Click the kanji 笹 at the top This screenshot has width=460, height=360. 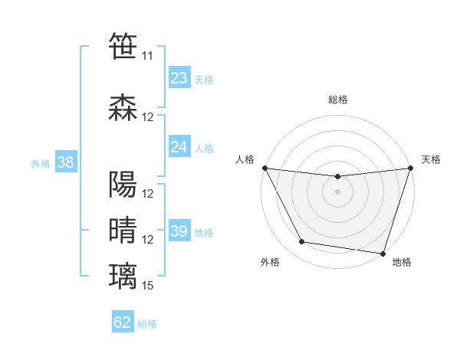tap(123, 45)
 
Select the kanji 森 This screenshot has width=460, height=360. tap(123, 106)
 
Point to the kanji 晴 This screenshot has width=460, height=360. tap(123, 229)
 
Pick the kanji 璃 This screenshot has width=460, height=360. tap(123, 275)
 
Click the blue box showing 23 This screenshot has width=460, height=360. tap(179, 78)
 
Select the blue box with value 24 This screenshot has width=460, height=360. tap(179, 147)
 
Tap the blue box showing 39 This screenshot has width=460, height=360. tap(179, 231)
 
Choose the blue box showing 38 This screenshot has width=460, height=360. tap(65, 162)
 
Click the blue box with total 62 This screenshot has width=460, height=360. tap(123, 322)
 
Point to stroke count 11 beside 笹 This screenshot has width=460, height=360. tap(147, 56)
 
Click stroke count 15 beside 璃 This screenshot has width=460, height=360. tap(148, 286)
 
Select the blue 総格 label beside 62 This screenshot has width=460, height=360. tap(148, 324)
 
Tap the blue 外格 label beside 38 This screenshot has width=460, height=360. tap(41, 164)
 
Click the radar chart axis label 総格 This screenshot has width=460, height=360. tap(337, 100)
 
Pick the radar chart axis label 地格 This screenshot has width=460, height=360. tap(402, 263)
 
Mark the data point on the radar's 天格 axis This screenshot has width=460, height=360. tap(410, 168)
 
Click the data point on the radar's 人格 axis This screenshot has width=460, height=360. tap(264, 168)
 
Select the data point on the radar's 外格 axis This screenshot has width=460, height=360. tap(302, 242)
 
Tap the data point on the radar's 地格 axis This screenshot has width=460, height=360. tap(383, 253)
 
